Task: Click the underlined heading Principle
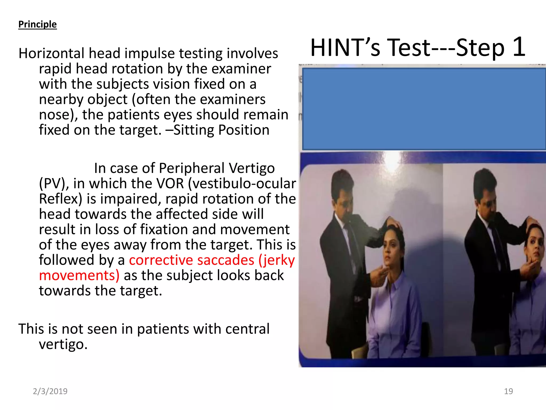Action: coord(37,24)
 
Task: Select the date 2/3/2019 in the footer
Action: coord(50,391)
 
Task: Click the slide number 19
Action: coord(508,391)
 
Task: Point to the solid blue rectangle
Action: coord(424,109)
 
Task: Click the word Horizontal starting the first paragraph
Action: coord(51,53)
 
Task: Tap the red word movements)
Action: coord(79,275)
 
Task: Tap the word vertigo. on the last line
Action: coord(63,344)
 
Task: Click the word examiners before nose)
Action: coord(232,100)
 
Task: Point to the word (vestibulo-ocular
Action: coord(242,184)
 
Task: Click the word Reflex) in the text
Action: coord(61,199)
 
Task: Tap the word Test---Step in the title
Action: coord(446,48)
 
